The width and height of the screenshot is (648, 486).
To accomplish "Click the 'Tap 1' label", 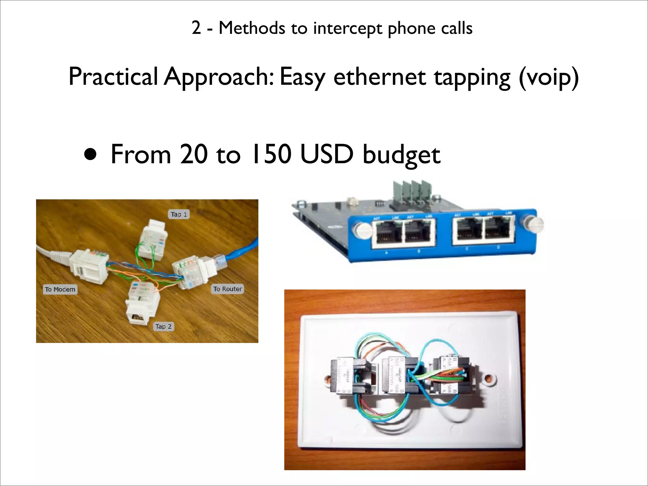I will tap(179, 214).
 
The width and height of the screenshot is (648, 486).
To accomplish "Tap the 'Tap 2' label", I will tap(163, 327).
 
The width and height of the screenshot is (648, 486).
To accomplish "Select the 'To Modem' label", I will tap(60, 289).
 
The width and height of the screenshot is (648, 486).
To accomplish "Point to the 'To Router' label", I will tap(227, 289).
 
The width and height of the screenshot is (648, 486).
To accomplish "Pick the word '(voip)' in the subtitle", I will tap(549, 78).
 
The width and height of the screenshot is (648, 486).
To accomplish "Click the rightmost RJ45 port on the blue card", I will tap(498, 230).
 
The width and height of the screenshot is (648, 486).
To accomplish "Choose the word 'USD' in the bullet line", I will tap(326, 154).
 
